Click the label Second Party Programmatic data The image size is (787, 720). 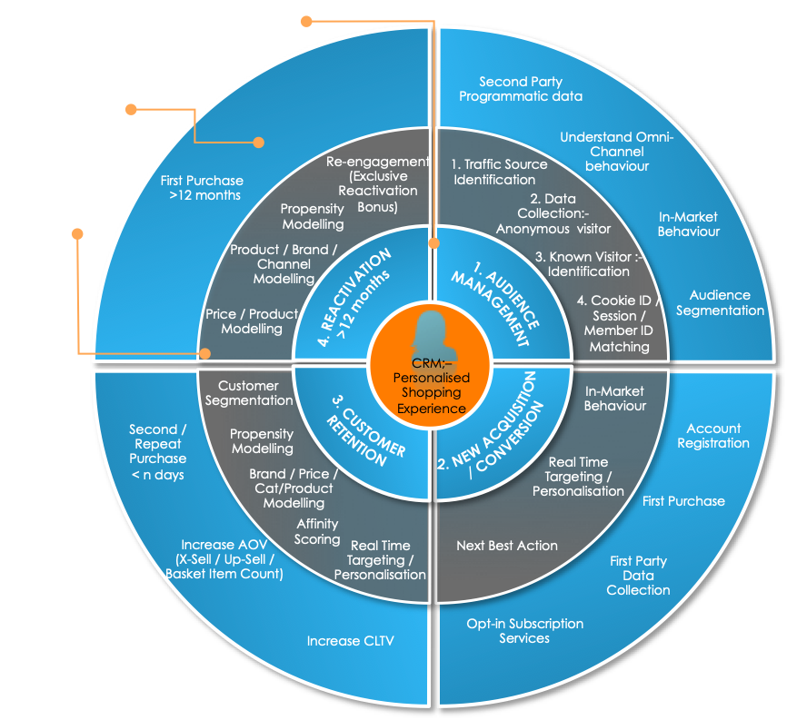click(x=521, y=89)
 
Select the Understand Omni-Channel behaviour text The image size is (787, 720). click(x=617, y=152)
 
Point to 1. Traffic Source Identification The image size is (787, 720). click(x=499, y=172)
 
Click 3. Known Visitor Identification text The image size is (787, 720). click(x=589, y=263)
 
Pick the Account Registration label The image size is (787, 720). click(x=713, y=436)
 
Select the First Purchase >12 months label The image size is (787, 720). click(x=202, y=187)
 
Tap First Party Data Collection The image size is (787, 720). click(x=638, y=576)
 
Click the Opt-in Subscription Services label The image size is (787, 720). click(x=524, y=631)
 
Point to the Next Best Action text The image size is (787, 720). click(x=506, y=546)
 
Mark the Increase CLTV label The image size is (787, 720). click(x=350, y=641)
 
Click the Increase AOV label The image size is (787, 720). click(x=224, y=559)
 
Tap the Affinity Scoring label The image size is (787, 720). click(x=317, y=531)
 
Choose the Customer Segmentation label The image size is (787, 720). click(x=248, y=392)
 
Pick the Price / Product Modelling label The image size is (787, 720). click(x=252, y=321)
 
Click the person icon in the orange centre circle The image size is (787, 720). click(x=429, y=334)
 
